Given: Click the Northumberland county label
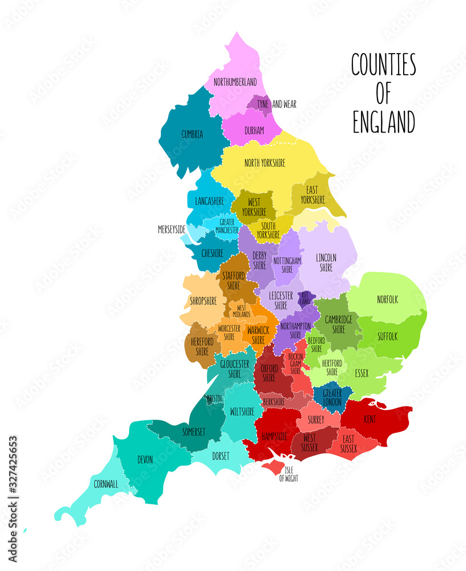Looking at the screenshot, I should (235, 82).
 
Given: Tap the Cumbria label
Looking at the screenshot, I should (192, 135).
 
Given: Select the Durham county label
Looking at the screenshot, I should (254, 131).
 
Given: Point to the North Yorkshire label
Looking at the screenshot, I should (264, 163).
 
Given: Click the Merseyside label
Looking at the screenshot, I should (171, 230).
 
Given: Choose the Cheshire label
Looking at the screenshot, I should (212, 253).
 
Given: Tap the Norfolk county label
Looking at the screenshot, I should (387, 299).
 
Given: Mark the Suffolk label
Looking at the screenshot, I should (387, 337).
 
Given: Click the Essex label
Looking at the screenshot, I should (361, 373).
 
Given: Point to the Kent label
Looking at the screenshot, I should (369, 419).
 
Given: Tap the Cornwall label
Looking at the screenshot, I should (106, 484).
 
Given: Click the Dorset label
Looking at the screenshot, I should (220, 456).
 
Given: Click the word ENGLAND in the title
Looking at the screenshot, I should (383, 122).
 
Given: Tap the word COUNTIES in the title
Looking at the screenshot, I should (383, 65).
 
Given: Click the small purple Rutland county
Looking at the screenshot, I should (306, 298).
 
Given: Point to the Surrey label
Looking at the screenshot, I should (316, 420).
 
